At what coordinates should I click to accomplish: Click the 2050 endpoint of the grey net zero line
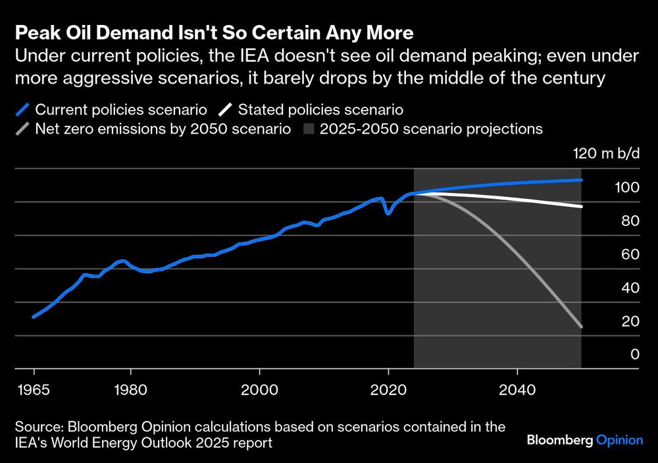(581, 327)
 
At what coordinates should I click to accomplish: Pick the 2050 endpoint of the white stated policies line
(581, 207)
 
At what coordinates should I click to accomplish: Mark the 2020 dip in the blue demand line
(388, 213)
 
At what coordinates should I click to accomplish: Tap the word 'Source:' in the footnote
(39, 427)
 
